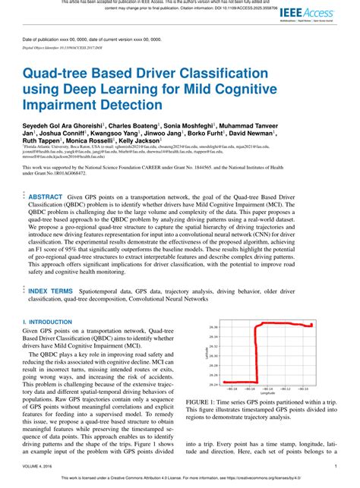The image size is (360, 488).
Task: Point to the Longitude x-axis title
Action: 268,393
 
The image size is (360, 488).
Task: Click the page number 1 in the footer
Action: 336,466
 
